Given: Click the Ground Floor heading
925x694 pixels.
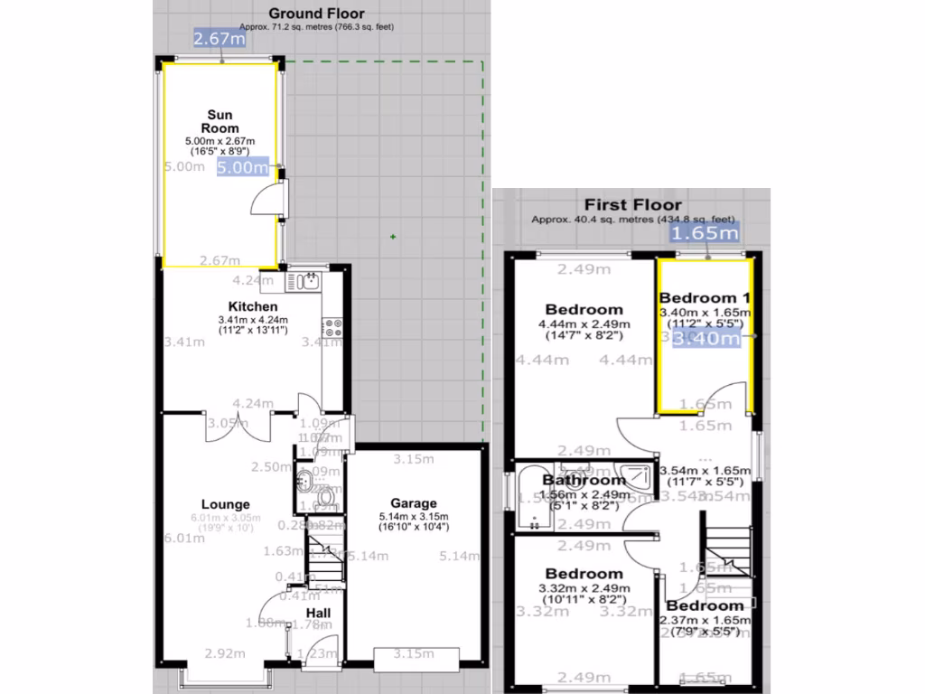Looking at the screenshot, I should (x=317, y=14).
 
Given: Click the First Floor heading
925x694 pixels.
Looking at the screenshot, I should (x=632, y=205).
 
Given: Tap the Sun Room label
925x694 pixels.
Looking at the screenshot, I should (x=220, y=121).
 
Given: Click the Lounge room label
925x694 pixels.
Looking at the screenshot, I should (x=225, y=504).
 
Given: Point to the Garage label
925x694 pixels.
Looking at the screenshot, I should (x=414, y=503).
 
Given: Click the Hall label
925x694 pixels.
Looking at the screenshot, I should (x=317, y=613).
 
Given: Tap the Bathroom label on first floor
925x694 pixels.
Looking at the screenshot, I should (x=584, y=480).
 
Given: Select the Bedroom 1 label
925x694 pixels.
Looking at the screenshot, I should (x=705, y=298).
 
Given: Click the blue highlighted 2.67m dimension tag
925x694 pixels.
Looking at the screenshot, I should (x=220, y=38).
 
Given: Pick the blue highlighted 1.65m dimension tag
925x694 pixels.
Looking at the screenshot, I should (x=704, y=232).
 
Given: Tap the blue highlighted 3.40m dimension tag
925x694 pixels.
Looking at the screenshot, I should (x=719, y=338).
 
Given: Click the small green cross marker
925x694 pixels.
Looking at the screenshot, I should (x=392, y=238).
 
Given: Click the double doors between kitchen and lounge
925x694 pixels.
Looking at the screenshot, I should (x=240, y=427).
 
